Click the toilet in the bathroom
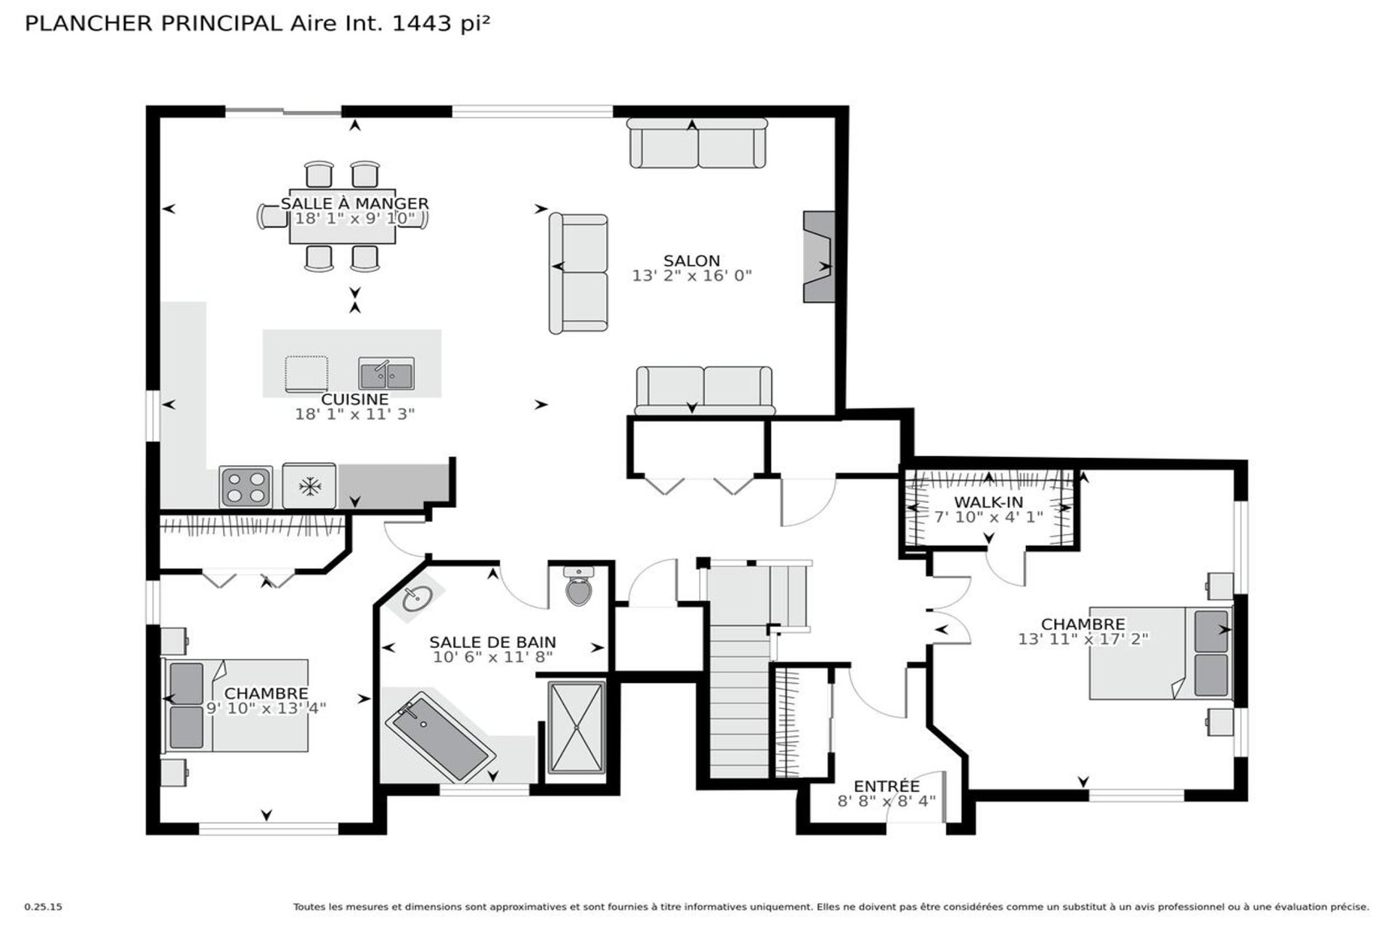579,586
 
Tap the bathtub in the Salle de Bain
436,737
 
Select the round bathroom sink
417,599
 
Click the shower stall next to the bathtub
576,727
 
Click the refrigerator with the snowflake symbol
309,486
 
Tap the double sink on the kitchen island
387,374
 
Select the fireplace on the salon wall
819,257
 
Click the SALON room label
692,261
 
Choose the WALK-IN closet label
988,502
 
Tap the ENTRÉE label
886,786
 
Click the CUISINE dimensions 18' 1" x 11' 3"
355,414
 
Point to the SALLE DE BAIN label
492,642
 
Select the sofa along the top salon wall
697,144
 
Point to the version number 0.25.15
44,907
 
